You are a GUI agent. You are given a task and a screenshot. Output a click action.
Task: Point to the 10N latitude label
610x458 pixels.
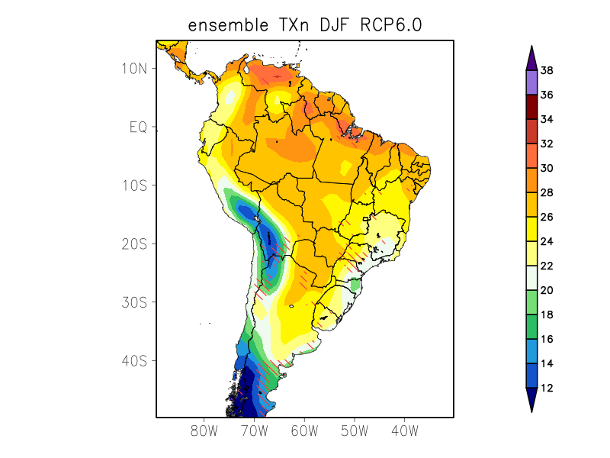coord(133,68)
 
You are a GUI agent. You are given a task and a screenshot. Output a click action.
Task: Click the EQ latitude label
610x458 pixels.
coord(138,127)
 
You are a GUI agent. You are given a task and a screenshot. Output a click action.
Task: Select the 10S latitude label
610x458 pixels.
coord(133,185)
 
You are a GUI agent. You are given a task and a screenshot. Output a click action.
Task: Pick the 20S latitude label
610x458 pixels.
coord(133,244)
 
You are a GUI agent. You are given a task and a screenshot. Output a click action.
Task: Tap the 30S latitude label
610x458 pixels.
coord(133,302)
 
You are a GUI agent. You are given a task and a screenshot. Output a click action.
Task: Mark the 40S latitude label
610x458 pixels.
coord(133,360)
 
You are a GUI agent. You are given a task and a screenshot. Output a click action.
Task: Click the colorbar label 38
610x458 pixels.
coord(546,71)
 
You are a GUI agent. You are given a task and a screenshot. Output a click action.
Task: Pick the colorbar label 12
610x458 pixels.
coord(546,389)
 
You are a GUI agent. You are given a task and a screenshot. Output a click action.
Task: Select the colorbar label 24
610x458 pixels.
coord(546,242)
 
